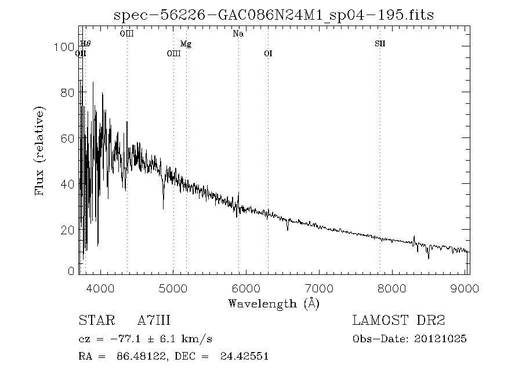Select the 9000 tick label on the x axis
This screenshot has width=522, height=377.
(x=467, y=288)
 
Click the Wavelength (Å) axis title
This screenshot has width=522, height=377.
(x=274, y=303)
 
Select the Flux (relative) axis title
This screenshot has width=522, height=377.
(x=40, y=150)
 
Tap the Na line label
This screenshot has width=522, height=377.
(x=238, y=34)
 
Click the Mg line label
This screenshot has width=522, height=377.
(x=186, y=44)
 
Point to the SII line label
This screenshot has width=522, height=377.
(x=380, y=44)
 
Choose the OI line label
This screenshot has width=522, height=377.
(x=268, y=54)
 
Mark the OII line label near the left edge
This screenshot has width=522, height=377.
(x=81, y=54)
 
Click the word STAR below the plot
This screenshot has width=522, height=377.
(x=95, y=321)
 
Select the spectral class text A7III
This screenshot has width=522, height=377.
(x=154, y=321)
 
